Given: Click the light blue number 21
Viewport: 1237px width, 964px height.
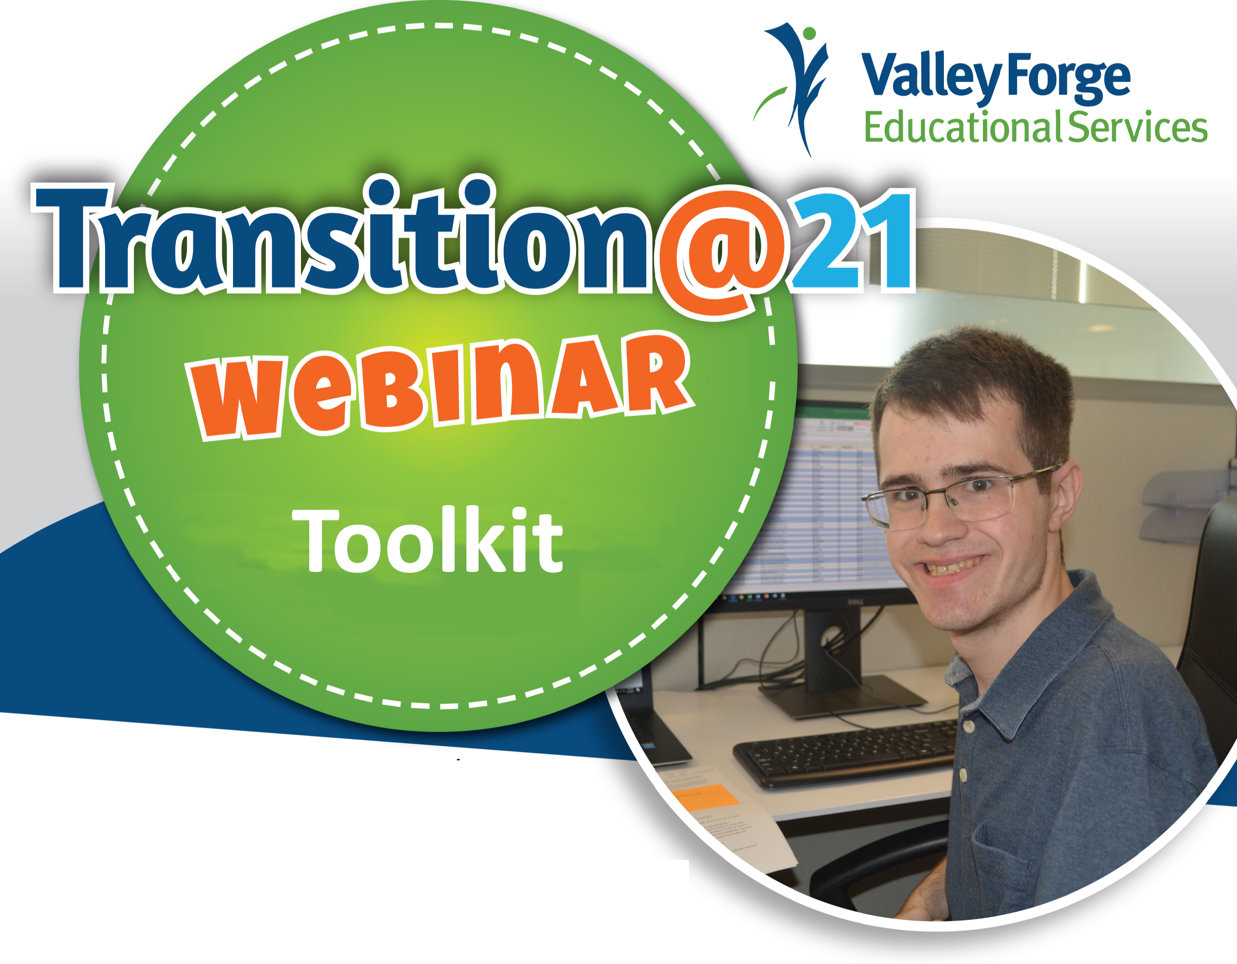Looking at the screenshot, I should coord(853,241).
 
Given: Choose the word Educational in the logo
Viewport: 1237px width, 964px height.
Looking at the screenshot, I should coord(962,127).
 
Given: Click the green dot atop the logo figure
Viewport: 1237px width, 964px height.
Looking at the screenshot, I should coord(810,33).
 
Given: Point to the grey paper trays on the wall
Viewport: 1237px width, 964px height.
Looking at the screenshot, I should coord(1184,504).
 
